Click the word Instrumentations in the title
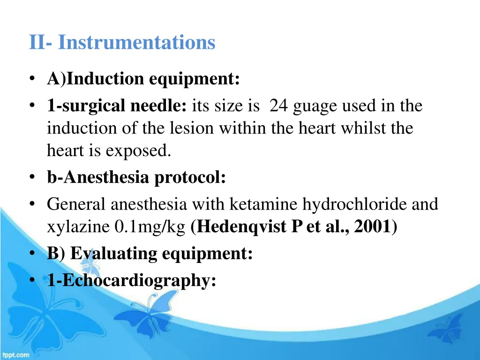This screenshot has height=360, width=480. pyautogui.click(x=136, y=43)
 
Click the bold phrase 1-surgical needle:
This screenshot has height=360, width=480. pyautogui.click(x=117, y=106)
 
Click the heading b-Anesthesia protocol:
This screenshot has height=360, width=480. pyautogui.click(x=136, y=178)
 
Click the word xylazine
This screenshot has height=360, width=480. pyautogui.click(x=79, y=227)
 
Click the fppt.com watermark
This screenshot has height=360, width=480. pyautogui.click(x=15, y=355)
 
